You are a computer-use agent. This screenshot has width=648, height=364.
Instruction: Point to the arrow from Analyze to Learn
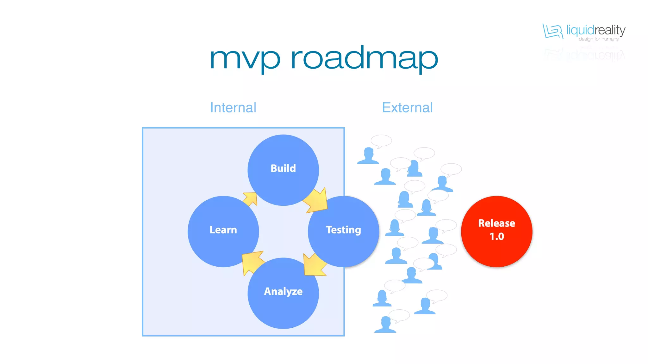252,262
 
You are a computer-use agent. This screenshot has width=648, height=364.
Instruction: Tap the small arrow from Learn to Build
250,199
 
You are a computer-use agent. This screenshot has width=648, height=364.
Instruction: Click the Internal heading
233,108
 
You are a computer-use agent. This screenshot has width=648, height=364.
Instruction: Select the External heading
407,108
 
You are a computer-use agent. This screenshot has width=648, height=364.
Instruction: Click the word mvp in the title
245,59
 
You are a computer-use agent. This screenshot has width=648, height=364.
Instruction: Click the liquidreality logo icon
552,31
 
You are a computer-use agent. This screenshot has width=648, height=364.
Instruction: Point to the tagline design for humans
598,39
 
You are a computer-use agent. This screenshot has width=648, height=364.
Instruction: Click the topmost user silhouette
368,156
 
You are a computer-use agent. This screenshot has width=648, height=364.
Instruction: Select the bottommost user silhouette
385,325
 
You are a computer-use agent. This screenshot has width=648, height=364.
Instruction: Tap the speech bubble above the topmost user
381,141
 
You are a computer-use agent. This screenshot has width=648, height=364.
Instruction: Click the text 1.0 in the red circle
497,236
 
